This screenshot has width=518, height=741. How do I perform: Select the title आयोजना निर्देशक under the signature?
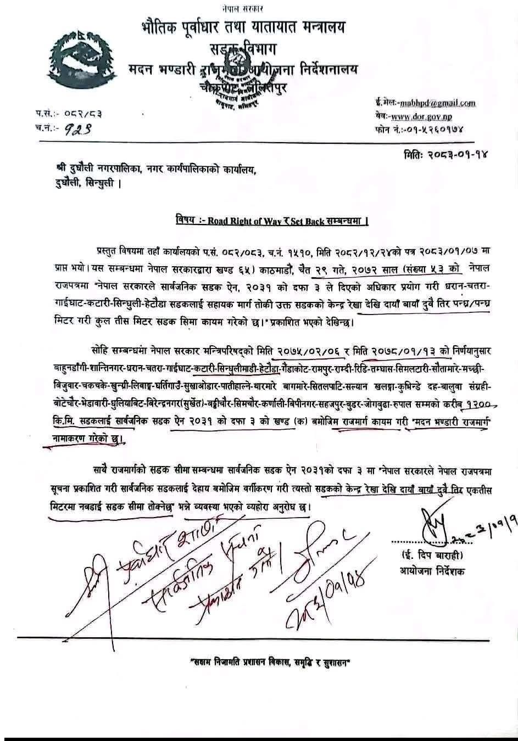[431, 571]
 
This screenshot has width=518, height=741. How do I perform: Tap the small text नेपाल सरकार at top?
[243, 8]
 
